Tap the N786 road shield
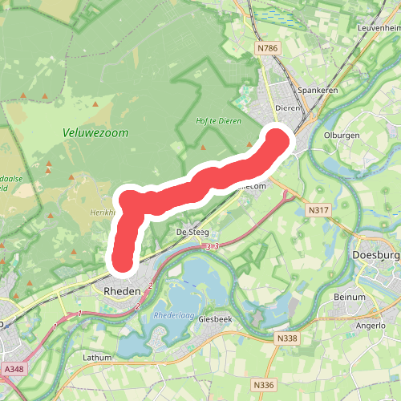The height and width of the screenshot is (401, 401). [x=268, y=49]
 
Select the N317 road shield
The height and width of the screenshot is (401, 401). [x=319, y=209]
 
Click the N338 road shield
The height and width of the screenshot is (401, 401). [x=287, y=338]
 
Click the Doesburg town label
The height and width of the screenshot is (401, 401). [x=375, y=256]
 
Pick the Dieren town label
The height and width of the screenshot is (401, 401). [x=286, y=107]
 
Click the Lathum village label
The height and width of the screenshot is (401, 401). [x=96, y=358]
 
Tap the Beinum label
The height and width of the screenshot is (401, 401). [x=350, y=297]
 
